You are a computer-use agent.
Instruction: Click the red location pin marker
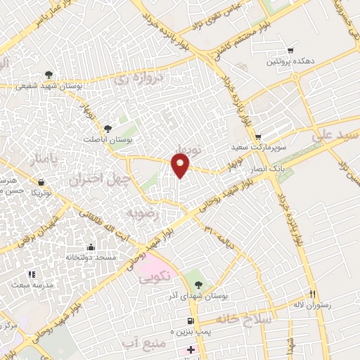pos(181,165)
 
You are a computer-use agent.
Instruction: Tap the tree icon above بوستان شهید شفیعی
pos(48,75)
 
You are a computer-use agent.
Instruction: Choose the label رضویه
pos(140,212)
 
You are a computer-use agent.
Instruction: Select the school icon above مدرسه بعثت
pos(31,274)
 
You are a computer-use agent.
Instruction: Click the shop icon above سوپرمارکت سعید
pos(258,137)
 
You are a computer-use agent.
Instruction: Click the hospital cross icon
pos(190,349)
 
